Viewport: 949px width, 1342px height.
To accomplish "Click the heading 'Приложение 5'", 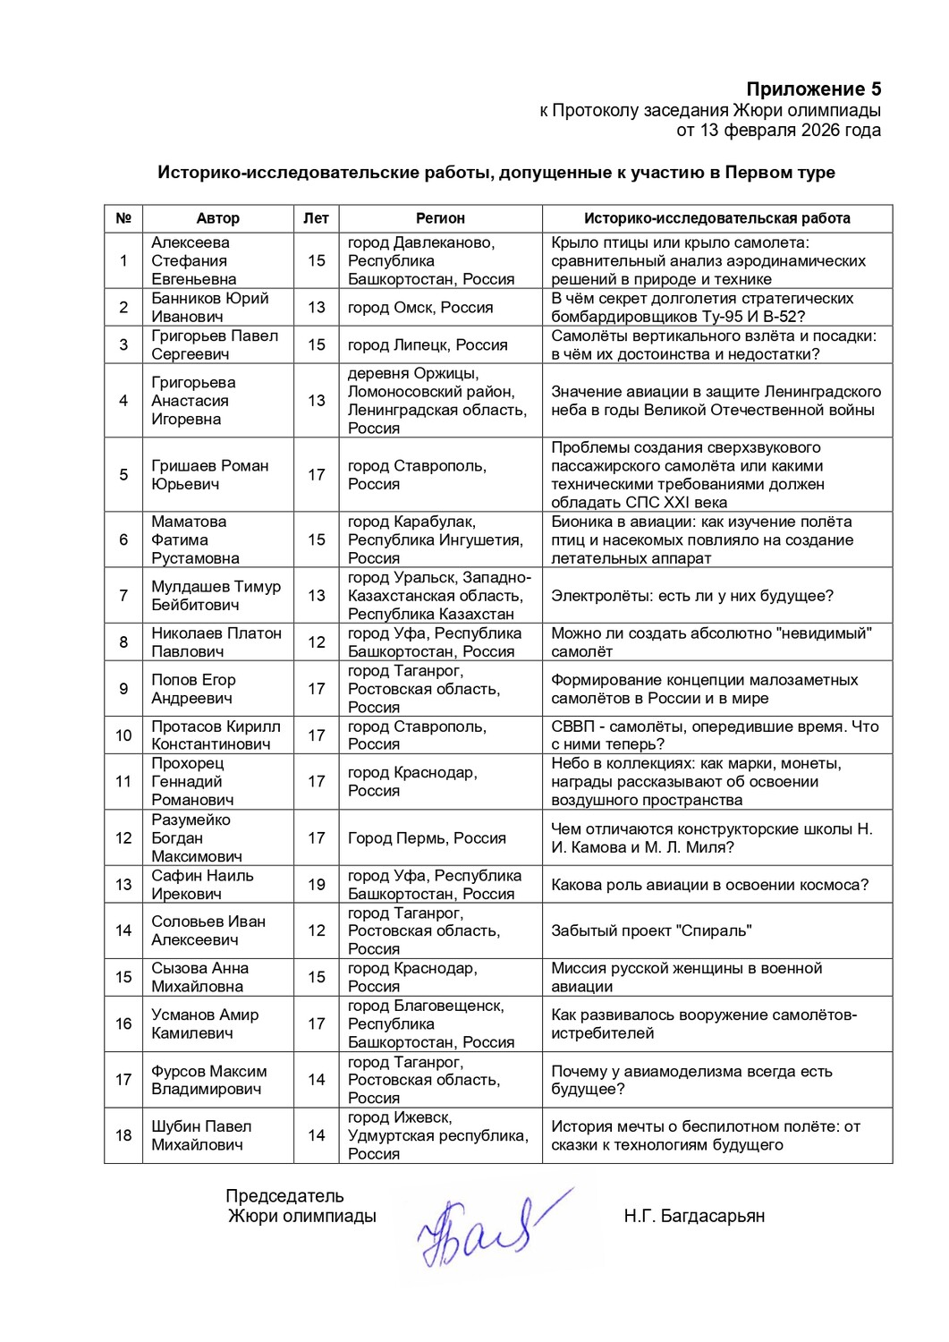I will pos(813,89).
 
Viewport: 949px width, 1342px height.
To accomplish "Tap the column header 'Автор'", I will pos(217,218).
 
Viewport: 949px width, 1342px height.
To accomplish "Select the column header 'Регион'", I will pos(440,218).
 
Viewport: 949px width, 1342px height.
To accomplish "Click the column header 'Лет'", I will pos(316,218).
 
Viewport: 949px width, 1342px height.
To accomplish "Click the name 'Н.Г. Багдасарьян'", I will pos(694,1216).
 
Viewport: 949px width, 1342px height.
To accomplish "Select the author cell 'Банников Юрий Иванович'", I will pos(210,307).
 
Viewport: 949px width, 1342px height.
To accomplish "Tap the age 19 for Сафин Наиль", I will pos(317,884).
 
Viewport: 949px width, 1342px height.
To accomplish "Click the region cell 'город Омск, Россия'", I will pos(420,307).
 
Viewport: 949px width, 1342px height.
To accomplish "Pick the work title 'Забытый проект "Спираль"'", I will pos(651,930).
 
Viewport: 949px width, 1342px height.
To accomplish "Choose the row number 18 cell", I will pos(123,1135).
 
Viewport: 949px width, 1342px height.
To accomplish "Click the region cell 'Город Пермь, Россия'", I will pos(427,838).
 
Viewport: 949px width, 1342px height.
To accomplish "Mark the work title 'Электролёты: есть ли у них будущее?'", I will pos(692,596).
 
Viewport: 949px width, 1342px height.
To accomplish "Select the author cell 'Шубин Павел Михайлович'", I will pos(201,1135).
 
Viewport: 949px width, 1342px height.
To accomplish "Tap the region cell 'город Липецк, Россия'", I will pos(428,344).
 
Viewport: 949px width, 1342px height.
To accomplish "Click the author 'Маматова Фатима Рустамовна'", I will pos(195,539).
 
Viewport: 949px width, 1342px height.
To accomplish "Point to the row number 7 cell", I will pos(123,596).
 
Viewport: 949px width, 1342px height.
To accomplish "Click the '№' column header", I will pos(123,218).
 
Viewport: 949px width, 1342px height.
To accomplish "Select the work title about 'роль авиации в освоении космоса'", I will pos(709,885).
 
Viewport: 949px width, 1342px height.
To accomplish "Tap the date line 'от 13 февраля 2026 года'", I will pos(778,131).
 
